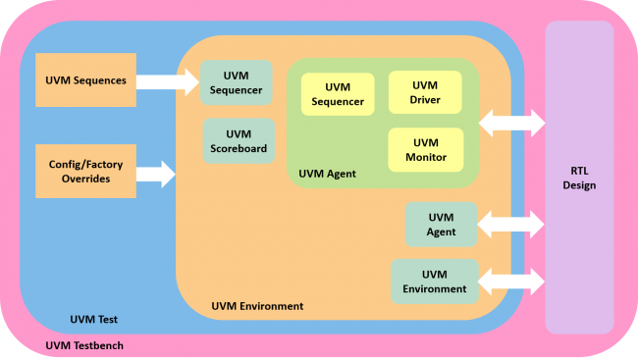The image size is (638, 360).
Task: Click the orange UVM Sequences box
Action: point(85,80)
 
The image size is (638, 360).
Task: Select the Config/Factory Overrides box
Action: point(85,172)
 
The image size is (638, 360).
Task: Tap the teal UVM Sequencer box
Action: point(237,83)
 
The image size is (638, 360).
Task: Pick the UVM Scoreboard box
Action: point(239,141)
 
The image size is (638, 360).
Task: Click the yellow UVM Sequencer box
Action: point(338,94)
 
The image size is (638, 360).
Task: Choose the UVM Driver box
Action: point(425,93)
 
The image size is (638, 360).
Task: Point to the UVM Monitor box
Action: point(425,150)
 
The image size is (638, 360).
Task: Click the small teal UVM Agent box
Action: point(441,225)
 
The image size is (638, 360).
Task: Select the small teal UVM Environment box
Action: point(434,282)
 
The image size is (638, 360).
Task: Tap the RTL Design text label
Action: point(578,178)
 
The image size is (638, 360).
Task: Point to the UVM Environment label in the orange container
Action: point(257,306)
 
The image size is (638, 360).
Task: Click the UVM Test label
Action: point(95,320)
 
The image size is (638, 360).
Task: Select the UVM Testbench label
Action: point(84,346)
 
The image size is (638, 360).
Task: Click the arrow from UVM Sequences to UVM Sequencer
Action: point(167,80)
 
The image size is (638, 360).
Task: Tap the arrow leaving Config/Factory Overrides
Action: point(155,175)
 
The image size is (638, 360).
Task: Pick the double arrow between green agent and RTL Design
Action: point(511,123)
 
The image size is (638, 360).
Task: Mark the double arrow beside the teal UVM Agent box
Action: point(510,225)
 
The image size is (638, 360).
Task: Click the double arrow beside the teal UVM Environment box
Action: point(510,282)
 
